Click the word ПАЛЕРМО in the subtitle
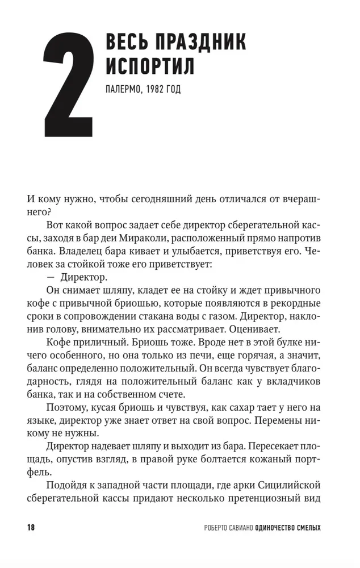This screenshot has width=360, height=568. [x=124, y=90]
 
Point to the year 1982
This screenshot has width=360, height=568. [x=157, y=90]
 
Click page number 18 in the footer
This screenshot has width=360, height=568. [x=31, y=528]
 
